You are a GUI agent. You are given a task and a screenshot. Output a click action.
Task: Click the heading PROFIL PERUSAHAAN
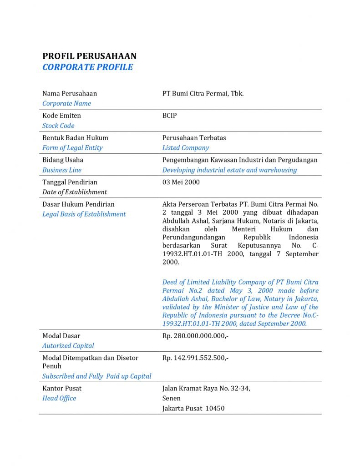pos(89,56)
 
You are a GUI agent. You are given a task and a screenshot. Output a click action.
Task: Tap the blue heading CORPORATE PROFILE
pos(87,67)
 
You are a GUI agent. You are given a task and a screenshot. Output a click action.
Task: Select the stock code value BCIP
pos(169,116)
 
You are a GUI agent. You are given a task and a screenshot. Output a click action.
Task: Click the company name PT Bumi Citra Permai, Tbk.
pos(203,93)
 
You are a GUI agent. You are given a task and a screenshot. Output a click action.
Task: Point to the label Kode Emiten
pos(61,116)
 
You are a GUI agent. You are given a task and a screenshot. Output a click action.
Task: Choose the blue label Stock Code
pos(58,126)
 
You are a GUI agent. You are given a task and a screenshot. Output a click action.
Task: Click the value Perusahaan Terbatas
pos(194,137)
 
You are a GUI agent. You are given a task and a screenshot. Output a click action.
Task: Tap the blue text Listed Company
pos(186,147)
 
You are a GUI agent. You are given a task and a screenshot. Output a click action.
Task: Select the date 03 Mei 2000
pos(181,182)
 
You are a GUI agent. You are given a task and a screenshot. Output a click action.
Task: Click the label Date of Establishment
pos(75,192)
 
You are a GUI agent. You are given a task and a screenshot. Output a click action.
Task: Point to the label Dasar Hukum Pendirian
pos(78,204)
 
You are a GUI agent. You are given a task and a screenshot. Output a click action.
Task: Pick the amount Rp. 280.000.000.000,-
pos(195,336)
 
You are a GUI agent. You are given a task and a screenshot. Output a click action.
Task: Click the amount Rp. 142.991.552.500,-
pos(195,358)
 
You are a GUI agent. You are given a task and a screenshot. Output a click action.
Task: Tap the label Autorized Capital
pos(68,346)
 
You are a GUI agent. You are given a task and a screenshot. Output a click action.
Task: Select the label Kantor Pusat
pos(62,388)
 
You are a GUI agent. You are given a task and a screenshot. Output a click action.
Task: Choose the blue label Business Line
pos(62,170)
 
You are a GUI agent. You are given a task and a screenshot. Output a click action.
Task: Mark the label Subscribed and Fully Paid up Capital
pos(97,376)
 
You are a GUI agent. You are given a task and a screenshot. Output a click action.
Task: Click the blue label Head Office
pos(59,398)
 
